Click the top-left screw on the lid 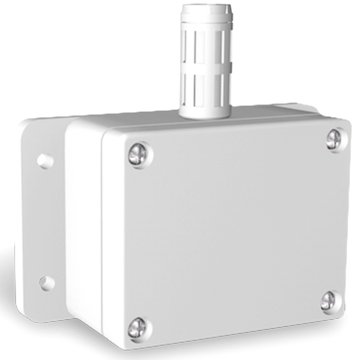(138, 155)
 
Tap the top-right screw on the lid (333, 139)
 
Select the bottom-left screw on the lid (138, 328)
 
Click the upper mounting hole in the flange (45, 161)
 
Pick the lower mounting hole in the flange (47, 283)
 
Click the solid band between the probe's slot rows (207, 67)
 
